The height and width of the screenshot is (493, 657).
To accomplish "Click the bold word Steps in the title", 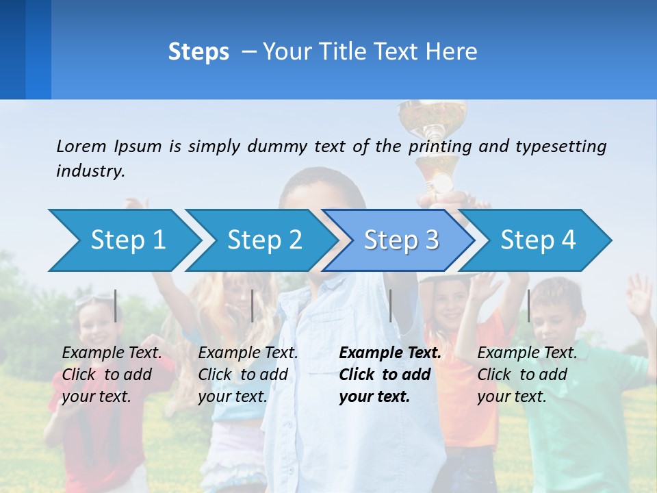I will point(198,51).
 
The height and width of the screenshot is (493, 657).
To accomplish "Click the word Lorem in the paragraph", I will point(81,146).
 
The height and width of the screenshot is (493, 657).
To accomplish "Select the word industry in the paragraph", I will point(90,171).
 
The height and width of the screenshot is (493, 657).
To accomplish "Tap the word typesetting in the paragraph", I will point(561,146).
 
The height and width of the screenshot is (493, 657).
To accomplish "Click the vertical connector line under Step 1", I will point(116,305).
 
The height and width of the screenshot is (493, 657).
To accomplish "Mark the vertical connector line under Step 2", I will point(253,305).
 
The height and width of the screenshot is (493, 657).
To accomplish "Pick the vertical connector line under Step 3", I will point(391,305).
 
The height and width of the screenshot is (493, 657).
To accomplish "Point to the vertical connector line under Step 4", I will point(528,305).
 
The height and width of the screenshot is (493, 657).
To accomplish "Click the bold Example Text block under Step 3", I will point(389,375).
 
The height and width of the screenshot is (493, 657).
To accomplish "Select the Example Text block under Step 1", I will point(112,375).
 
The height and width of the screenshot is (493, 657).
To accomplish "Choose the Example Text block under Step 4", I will point(526,375).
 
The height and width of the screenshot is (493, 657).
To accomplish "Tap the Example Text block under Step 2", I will point(247,375).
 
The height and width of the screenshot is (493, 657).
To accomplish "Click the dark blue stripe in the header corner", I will point(12,49).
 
